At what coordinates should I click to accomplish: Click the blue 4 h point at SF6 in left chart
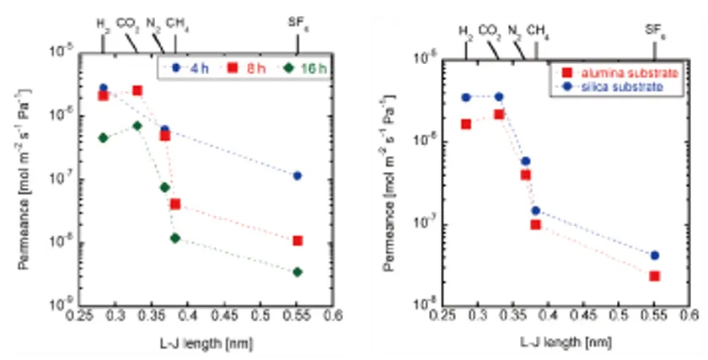tap(298, 175)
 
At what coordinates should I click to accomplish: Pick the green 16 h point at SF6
tap(298, 272)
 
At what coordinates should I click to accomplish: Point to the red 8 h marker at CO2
tap(137, 90)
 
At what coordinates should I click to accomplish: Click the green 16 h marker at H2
tap(104, 137)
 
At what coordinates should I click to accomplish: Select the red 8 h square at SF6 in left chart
tap(298, 241)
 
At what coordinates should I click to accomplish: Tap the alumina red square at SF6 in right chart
tap(654, 276)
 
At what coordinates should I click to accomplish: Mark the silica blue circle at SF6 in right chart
tap(654, 255)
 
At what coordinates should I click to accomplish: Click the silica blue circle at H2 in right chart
tap(466, 97)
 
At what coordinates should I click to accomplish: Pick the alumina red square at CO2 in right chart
tap(499, 114)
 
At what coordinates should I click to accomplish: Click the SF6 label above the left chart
tap(298, 23)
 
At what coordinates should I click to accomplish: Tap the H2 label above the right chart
tap(466, 31)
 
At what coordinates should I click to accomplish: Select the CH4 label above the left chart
tap(177, 23)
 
